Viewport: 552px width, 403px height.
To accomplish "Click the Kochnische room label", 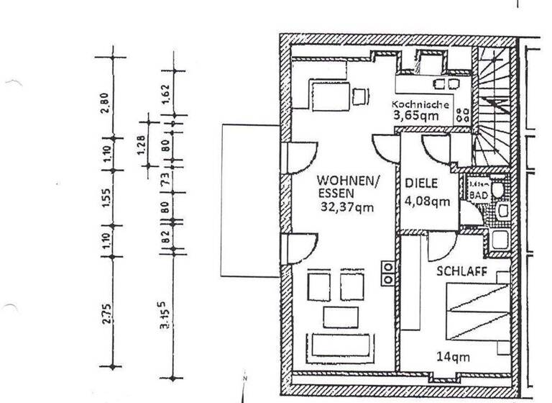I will [420, 104].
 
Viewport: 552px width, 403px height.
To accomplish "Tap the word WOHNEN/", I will [346, 181].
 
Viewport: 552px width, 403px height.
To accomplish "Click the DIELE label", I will [421, 184].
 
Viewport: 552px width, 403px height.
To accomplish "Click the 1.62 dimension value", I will [165, 94].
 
